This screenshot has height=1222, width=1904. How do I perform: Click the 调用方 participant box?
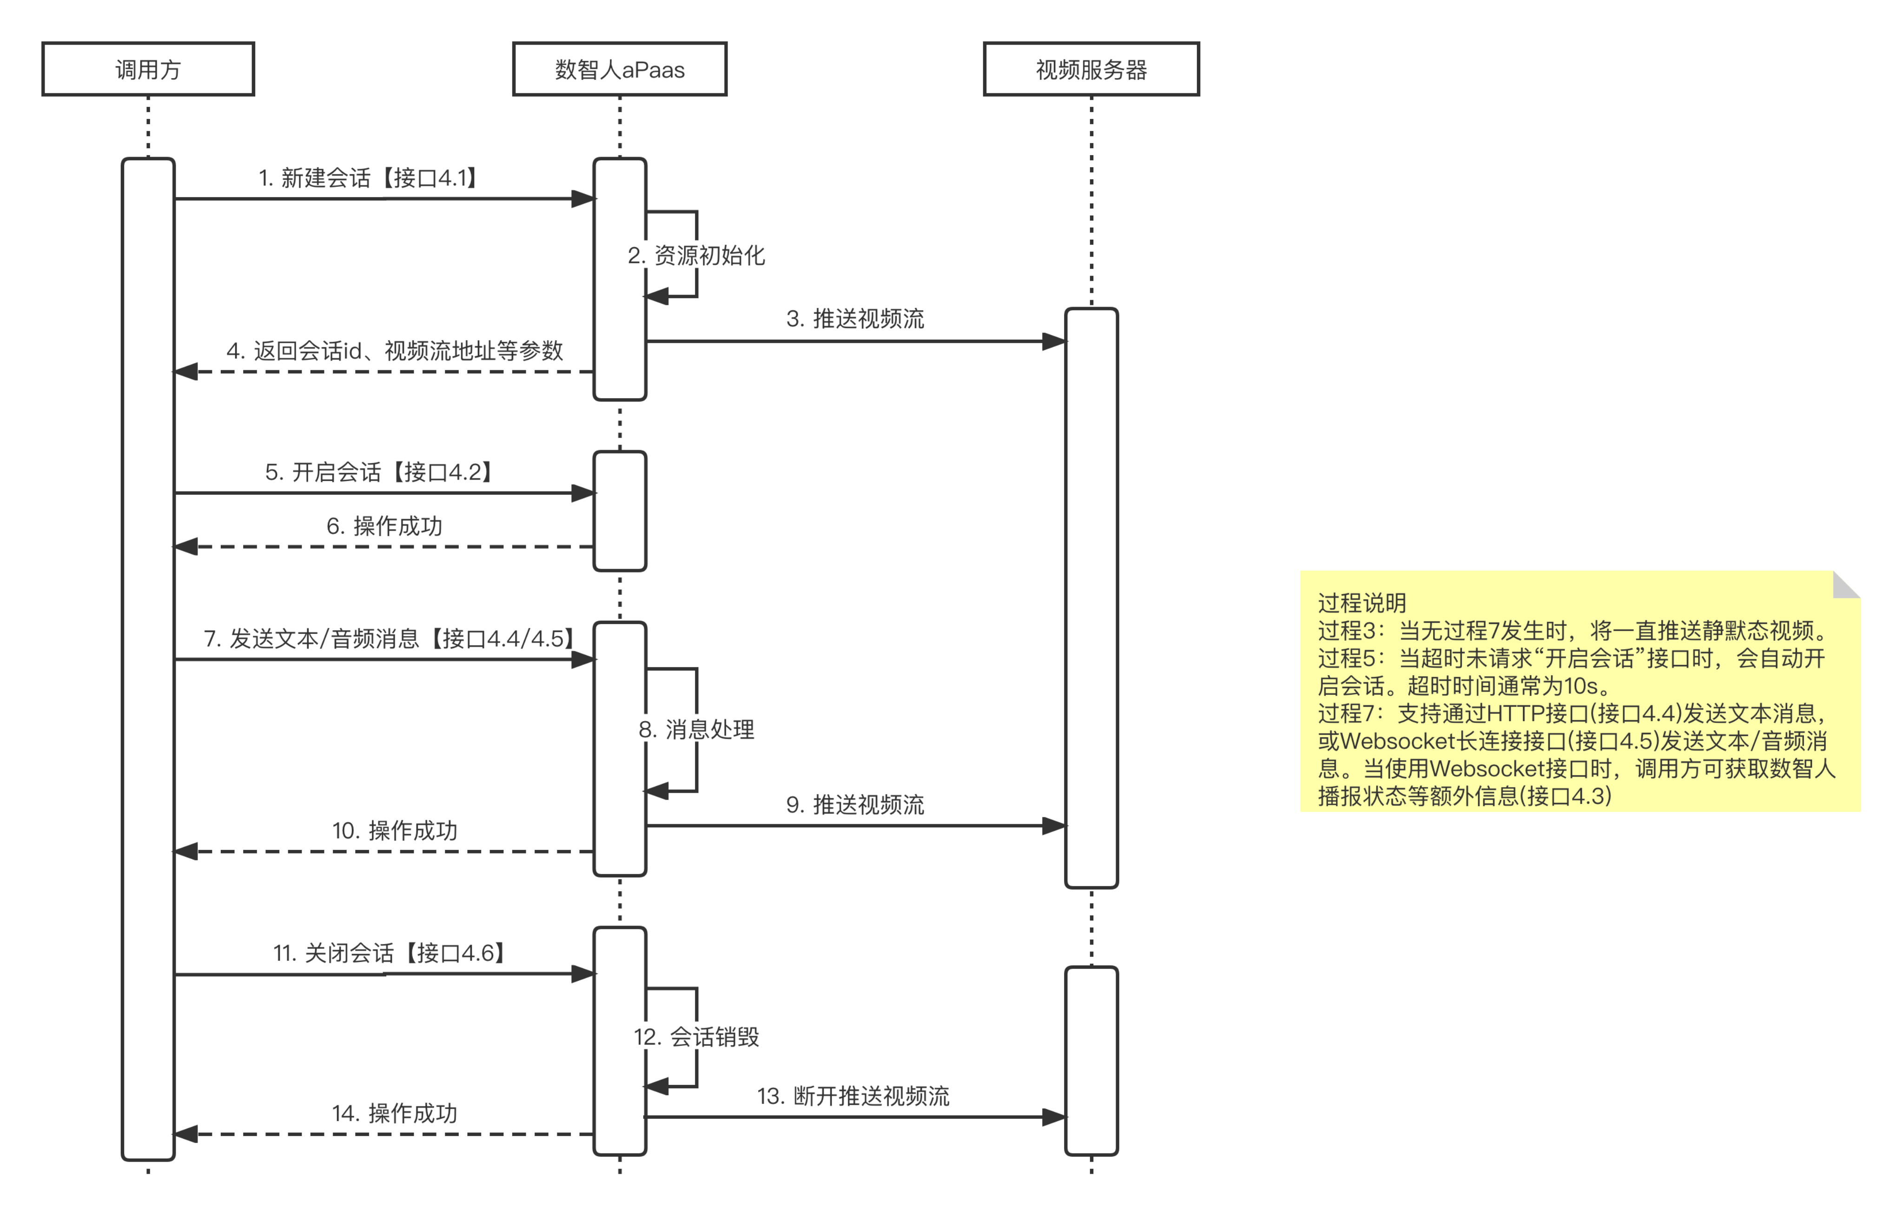point(148,69)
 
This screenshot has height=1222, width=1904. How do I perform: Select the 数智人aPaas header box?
point(619,69)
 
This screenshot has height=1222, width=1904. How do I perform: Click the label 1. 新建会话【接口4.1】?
point(368,178)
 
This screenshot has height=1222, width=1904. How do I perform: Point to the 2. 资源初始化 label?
point(695,256)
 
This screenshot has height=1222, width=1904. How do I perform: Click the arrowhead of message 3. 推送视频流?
point(1053,341)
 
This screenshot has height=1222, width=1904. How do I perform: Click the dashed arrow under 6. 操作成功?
point(384,547)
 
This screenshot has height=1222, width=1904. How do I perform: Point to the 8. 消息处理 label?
point(695,729)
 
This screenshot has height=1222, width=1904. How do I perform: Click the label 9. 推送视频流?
point(855,805)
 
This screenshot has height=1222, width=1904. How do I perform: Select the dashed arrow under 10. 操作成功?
point(384,851)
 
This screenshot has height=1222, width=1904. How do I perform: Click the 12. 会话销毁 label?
point(695,1036)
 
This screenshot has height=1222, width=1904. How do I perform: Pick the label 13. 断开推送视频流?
point(853,1096)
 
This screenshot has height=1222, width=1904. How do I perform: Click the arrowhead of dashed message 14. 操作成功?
point(186,1134)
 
